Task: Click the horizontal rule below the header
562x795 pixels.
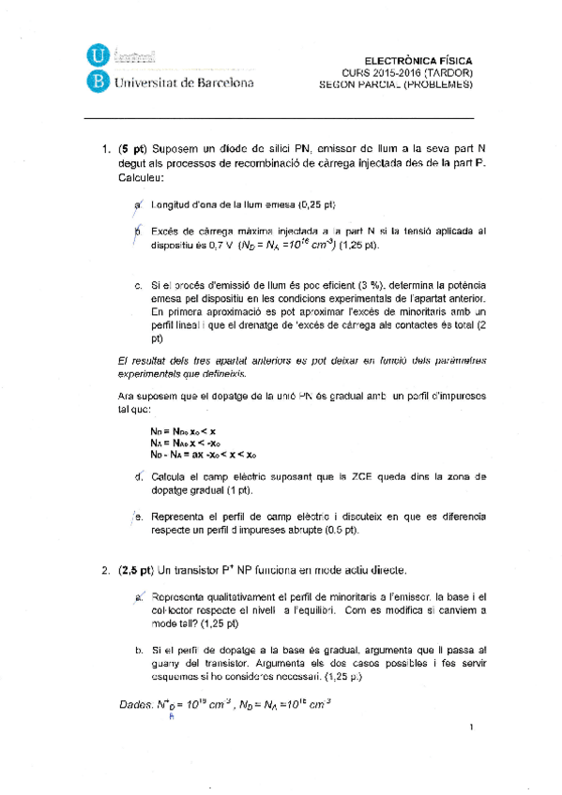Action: click(x=279, y=118)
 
